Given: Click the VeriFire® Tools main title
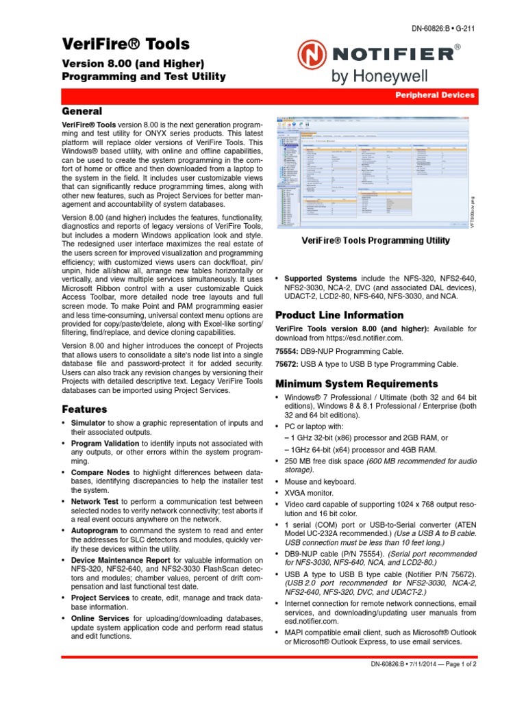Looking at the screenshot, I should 125,44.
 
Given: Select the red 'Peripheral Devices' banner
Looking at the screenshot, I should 435,95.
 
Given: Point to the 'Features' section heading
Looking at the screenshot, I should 84,409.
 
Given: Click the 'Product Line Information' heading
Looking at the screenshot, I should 339,315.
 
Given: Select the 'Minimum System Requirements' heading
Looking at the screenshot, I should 355,383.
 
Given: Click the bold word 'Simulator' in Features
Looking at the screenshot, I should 88,424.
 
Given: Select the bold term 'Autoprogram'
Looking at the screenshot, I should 95,531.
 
